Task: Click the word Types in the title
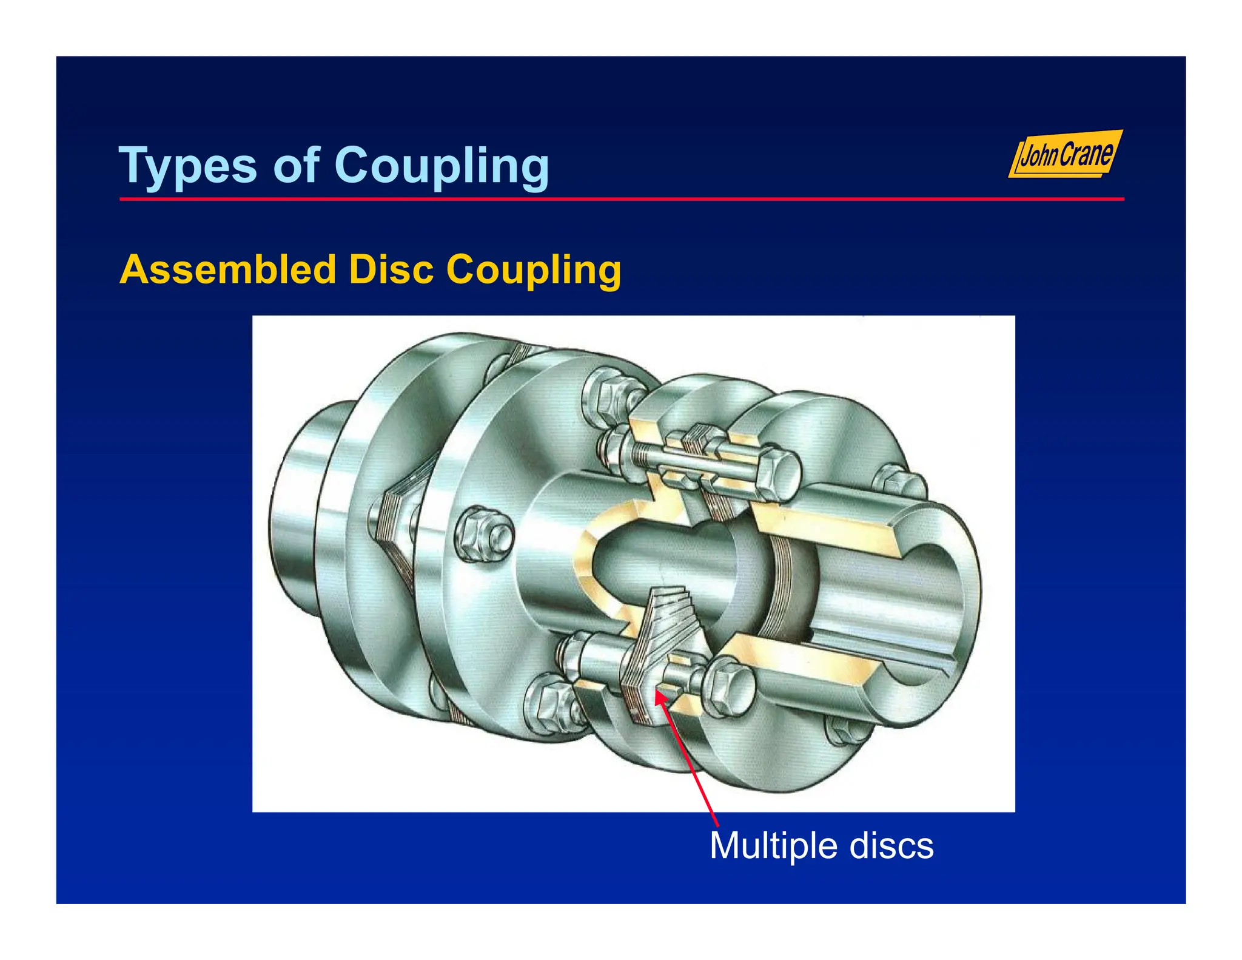coord(189,165)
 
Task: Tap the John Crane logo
coord(1066,155)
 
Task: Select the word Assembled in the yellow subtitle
coord(228,269)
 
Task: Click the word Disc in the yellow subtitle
coord(391,269)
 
